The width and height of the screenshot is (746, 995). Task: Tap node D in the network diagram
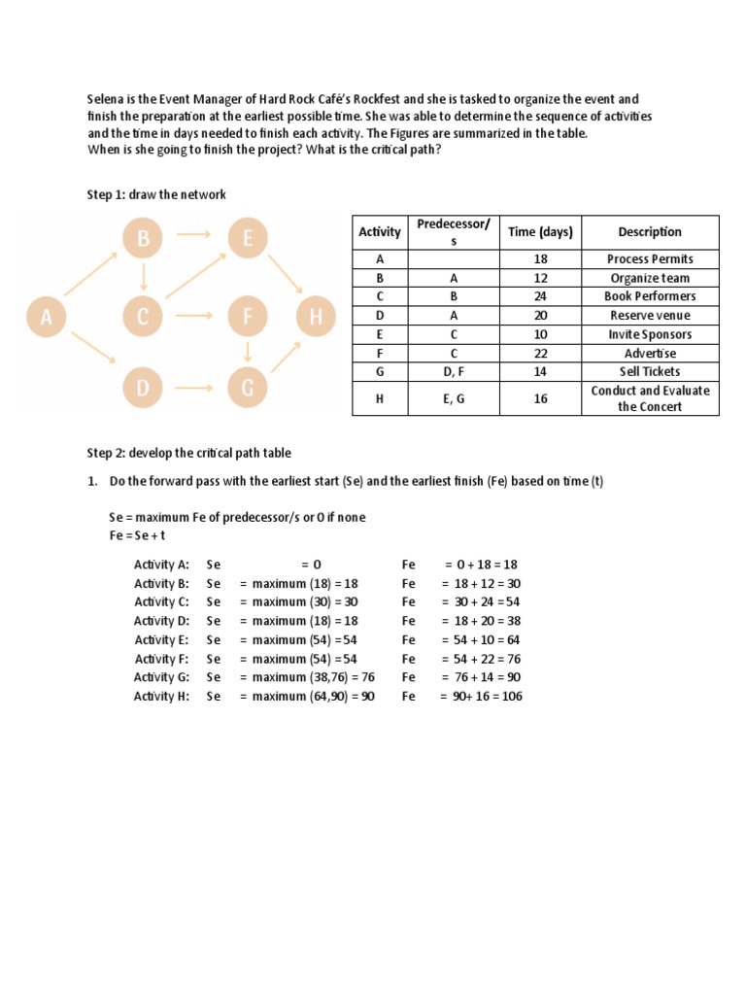[x=143, y=389]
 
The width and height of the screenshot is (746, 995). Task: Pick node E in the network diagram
[x=249, y=239]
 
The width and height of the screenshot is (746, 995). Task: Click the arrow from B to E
[x=195, y=234]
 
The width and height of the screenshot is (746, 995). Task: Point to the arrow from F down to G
[x=250, y=351]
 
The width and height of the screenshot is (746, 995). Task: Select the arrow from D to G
[x=195, y=389]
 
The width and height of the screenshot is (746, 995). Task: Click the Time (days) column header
[x=540, y=232]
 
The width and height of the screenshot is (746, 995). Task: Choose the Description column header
[x=650, y=232]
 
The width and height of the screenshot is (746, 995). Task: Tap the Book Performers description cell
[x=650, y=296]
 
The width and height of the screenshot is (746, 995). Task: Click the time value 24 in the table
[x=540, y=296]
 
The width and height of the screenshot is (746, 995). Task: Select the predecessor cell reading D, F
[x=454, y=371]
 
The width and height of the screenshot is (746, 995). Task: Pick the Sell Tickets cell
[x=650, y=371]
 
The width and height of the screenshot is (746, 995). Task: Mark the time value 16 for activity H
[x=540, y=398]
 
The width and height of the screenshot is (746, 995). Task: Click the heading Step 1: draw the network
[x=156, y=194]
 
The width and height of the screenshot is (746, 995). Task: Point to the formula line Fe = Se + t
[x=139, y=536]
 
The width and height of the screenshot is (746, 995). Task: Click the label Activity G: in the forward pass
[x=161, y=676]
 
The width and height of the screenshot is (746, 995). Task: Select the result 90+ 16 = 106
[x=481, y=696]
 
